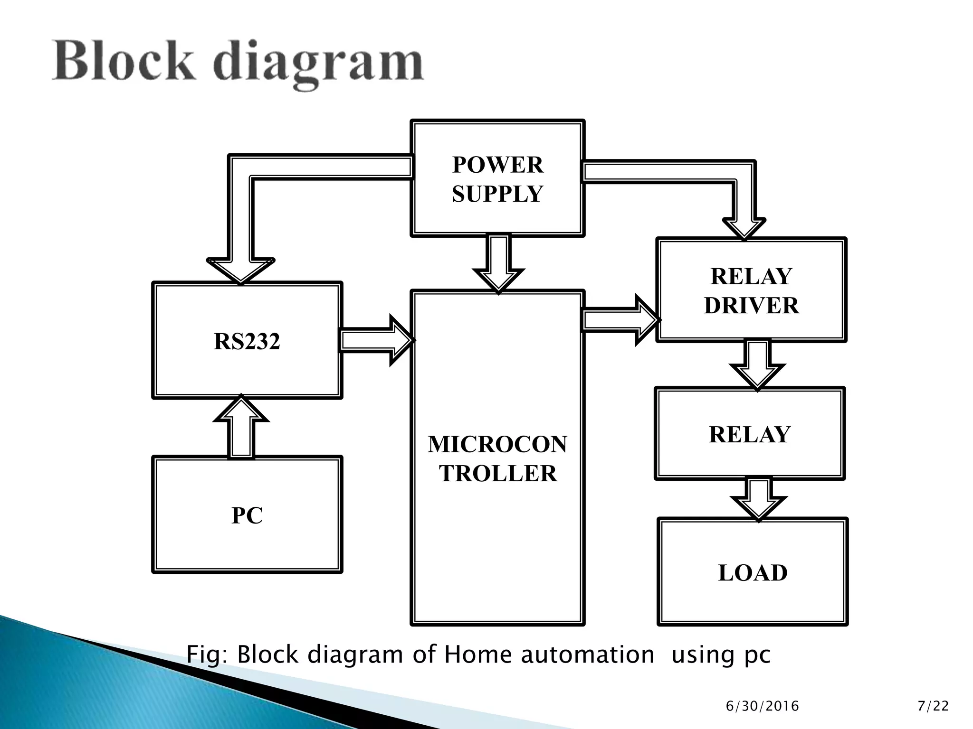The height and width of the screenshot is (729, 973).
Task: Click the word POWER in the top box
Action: [x=497, y=165]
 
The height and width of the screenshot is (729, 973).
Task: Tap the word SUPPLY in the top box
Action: [x=497, y=194]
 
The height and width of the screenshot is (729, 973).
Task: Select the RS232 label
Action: [x=247, y=341]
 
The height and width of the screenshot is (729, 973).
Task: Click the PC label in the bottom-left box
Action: [x=247, y=515]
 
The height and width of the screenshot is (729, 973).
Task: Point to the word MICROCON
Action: [x=497, y=445]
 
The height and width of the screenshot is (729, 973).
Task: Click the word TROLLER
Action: [x=497, y=474]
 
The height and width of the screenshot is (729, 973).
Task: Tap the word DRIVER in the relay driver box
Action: [x=751, y=306]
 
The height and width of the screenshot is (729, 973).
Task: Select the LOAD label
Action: [x=753, y=573]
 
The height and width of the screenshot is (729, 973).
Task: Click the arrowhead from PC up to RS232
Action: [x=241, y=409]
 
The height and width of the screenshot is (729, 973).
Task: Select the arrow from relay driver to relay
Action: [x=757, y=364]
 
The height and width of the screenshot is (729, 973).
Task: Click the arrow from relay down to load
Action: [x=759, y=499]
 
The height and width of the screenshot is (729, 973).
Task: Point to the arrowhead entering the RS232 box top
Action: [x=241, y=271]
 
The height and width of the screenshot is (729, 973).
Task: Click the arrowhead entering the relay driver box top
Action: [x=744, y=228]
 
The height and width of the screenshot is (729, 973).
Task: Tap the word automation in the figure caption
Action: [x=588, y=654]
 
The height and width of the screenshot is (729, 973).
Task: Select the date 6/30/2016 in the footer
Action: [x=762, y=706]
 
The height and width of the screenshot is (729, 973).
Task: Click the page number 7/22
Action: [x=933, y=706]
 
